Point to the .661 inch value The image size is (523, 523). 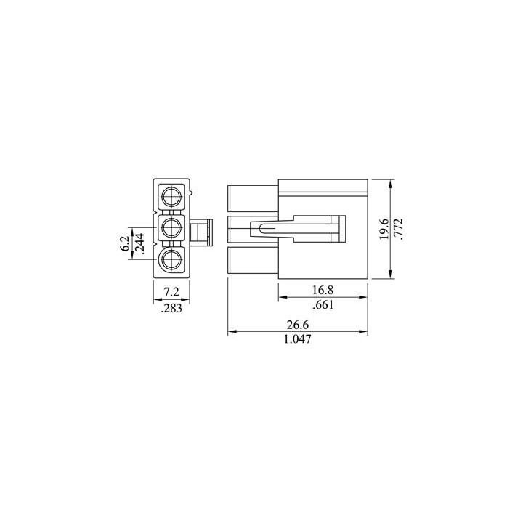click(324, 305)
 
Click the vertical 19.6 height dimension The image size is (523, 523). click(383, 229)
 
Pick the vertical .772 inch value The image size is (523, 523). click(397, 229)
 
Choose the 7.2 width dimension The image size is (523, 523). click(171, 292)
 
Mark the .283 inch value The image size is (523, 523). click(171, 308)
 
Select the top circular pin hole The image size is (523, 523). click(171, 196)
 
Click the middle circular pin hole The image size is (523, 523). click(171, 228)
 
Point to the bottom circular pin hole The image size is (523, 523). click(171, 260)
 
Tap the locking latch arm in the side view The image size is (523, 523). click(298, 229)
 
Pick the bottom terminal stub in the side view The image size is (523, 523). click(253, 261)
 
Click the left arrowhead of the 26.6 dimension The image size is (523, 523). click(231, 333)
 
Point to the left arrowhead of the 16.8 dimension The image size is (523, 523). click(283, 298)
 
